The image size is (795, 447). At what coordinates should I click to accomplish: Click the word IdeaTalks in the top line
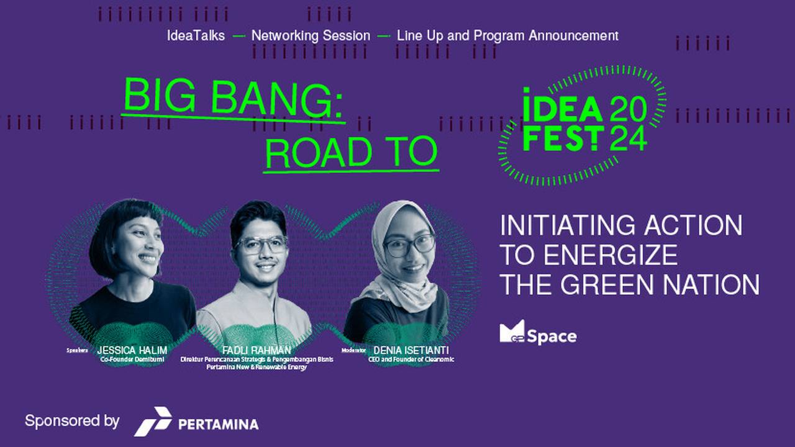[196, 36]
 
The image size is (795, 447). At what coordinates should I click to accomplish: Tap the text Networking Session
[311, 36]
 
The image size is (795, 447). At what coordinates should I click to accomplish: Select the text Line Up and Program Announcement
[507, 36]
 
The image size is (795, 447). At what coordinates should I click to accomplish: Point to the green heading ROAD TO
[352, 152]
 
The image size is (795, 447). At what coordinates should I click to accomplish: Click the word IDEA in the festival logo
[563, 109]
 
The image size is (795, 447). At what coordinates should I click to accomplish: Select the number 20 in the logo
[628, 109]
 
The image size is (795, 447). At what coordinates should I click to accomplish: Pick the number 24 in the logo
[628, 138]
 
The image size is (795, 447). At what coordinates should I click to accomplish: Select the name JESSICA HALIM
[132, 351]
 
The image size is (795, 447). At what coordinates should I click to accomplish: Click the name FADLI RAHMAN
[257, 351]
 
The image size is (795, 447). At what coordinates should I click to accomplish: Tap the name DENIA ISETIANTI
[411, 351]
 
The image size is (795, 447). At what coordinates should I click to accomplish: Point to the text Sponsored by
[72, 421]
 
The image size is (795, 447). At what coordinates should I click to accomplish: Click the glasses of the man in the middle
[261, 245]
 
